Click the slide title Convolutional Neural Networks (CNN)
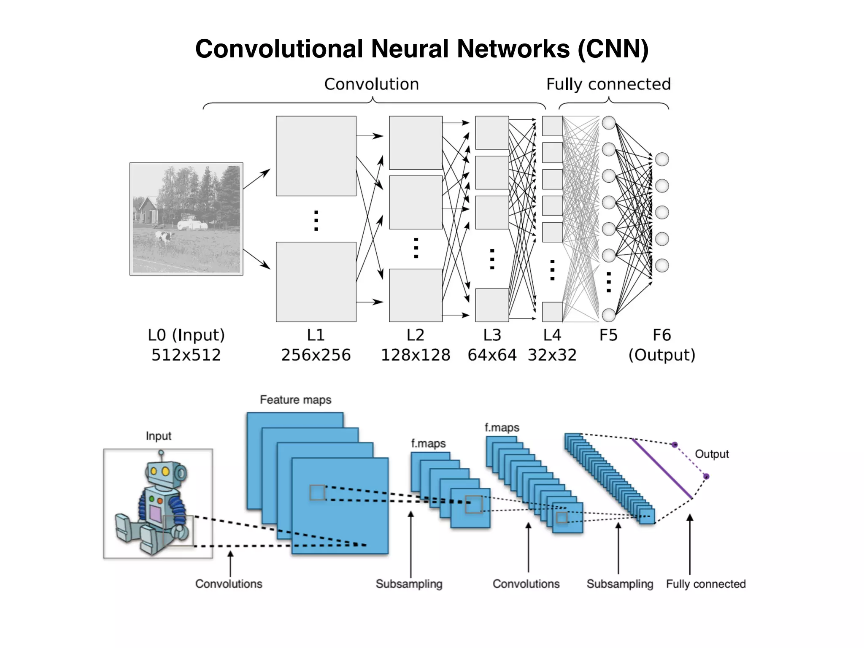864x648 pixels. tap(422, 49)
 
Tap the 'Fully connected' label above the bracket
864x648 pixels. tap(608, 84)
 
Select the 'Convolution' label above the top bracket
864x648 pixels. tap(371, 84)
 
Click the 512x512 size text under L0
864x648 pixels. tap(186, 355)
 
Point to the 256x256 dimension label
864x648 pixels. tap(316, 355)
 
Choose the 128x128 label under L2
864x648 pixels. tap(416, 355)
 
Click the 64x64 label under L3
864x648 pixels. tap(492, 355)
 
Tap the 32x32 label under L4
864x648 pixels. tap(552, 355)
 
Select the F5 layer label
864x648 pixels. tap(608, 335)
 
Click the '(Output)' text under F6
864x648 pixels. tap(661, 355)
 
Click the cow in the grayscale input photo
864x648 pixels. tap(164, 238)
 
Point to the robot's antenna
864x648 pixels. tap(161, 456)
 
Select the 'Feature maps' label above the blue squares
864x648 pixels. tap(295, 400)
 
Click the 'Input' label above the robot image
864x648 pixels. tap(158, 436)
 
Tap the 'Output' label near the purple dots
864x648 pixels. tap(712, 454)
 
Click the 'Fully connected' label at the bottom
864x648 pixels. tap(706, 584)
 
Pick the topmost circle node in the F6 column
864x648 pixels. tap(661, 159)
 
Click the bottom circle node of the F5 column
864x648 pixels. tap(608, 315)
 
